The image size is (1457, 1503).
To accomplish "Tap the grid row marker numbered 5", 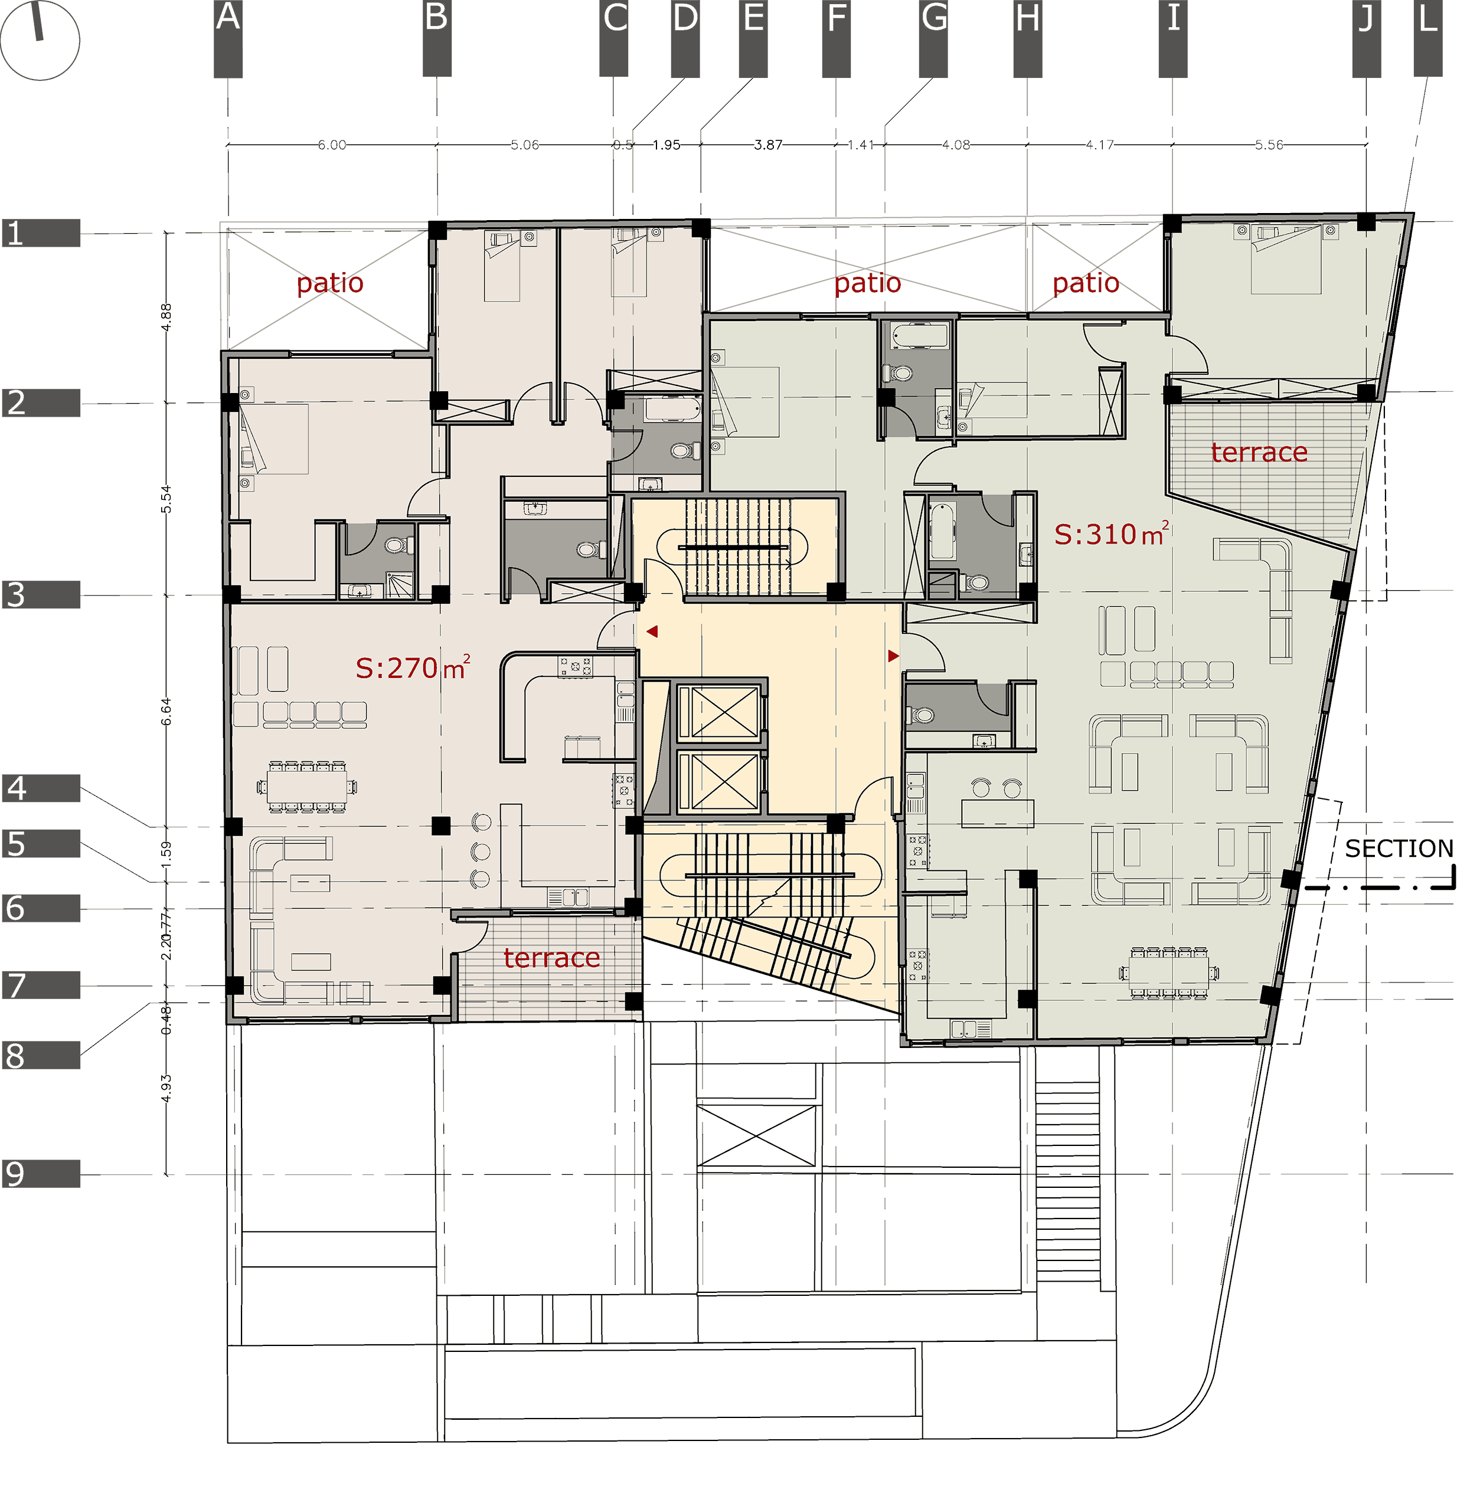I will pos(41,843).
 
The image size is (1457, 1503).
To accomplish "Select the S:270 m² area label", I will pos(412,668).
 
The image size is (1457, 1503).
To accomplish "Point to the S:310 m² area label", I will pos(1111,533).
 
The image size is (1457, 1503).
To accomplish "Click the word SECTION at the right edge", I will pos(1398,848).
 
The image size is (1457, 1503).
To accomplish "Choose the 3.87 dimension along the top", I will pos(768,144).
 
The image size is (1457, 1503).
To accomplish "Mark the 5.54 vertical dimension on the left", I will pos(166,499).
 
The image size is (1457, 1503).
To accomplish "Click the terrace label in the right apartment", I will pos(1259,453).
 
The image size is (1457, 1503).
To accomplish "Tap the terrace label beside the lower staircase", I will pos(551,958).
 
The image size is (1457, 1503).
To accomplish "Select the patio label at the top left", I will pos(330,283).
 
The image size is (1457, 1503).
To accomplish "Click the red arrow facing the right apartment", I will pos(893,656).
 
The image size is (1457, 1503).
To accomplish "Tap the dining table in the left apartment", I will pos(307,786).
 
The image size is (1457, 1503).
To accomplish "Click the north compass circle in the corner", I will pos(40,40).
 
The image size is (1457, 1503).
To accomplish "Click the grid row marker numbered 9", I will pos(41,1173).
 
